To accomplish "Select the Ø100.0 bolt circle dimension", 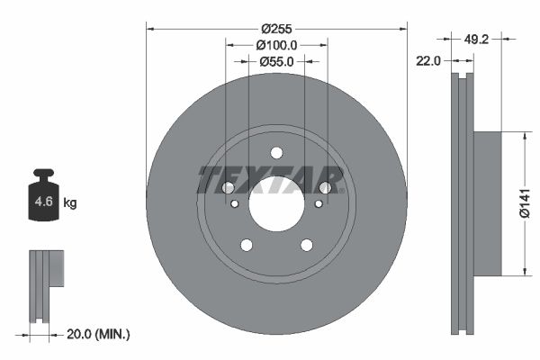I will (276, 44).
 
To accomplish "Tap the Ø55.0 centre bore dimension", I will (276, 61).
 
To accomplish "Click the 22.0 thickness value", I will (427, 61).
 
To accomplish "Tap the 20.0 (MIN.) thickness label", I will (99, 334).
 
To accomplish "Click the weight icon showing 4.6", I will (42, 200).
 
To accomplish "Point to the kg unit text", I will (70, 203).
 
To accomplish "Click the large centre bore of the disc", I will (276, 204).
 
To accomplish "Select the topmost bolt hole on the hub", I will (276, 152).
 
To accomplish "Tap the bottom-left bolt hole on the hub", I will (246, 245).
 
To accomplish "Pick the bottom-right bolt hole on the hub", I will (307, 245).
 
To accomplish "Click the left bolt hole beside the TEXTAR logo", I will (228, 187).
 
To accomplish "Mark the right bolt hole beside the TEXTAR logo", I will (325, 187).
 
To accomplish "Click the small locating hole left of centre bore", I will (235, 204).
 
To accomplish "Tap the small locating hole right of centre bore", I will (318, 204).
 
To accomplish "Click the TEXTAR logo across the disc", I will (271, 180).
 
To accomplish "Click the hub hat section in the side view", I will (486, 204).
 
